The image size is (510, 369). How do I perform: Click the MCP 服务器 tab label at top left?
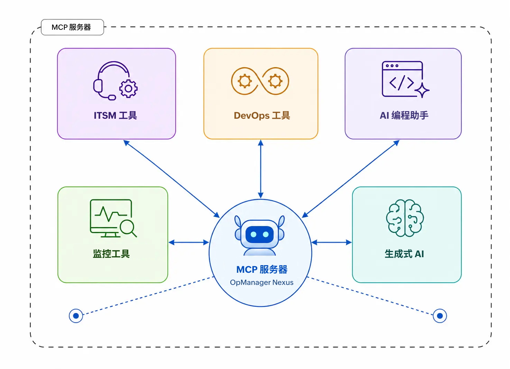[71, 27]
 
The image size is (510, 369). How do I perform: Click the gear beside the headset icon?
[128, 89]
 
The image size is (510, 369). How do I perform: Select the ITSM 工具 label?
[115, 116]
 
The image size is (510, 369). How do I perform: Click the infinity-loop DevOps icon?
[260, 81]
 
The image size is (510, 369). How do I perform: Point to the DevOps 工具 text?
[262, 116]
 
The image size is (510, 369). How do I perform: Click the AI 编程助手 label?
[404, 116]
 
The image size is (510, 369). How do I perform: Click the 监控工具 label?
[111, 254]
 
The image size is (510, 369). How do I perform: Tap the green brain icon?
[405, 218]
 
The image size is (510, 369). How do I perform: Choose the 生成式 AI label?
[404, 254]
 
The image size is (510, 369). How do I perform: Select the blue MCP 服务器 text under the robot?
[262, 270]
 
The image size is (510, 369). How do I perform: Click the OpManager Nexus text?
[262, 282]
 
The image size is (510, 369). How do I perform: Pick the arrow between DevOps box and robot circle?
[261, 169]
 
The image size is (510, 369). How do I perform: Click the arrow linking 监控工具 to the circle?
[189, 242]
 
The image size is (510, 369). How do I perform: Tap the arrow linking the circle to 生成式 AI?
[332, 242]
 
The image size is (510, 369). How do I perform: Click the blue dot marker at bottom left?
[76, 316]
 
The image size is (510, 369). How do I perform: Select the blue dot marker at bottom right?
[440, 316]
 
